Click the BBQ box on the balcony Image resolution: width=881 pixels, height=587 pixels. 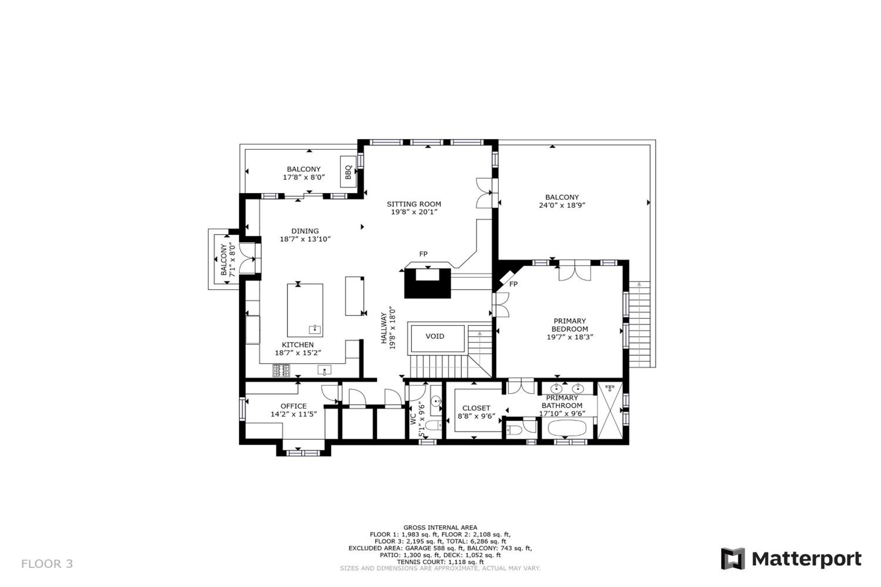pyautogui.click(x=348, y=172)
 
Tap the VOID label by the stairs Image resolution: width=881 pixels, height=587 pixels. pyautogui.click(x=435, y=336)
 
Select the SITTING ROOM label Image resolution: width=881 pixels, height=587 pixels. pyautogui.click(x=414, y=204)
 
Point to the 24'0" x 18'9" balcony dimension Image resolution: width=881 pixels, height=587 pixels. pyautogui.click(x=562, y=205)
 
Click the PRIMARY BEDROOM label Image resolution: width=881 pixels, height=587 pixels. pyautogui.click(x=570, y=325)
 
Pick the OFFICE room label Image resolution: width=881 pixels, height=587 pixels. pyautogui.click(x=294, y=406)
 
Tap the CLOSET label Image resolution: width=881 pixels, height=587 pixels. pyautogui.click(x=476, y=408)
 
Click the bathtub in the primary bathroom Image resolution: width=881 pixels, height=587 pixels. pyautogui.click(x=567, y=428)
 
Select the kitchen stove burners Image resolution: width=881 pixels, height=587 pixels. pyautogui.click(x=281, y=371)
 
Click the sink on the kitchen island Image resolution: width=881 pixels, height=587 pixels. pyautogui.click(x=315, y=329)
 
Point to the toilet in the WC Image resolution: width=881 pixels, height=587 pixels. pyautogui.click(x=434, y=425)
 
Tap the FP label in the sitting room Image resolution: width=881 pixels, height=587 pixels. pyautogui.click(x=423, y=254)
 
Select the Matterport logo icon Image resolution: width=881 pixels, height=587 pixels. pyautogui.click(x=733, y=559)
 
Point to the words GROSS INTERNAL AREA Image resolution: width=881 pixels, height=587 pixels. pyautogui.click(x=441, y=528)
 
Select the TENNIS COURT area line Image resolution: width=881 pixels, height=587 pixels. pyautogui.click(x=441, y=562)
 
